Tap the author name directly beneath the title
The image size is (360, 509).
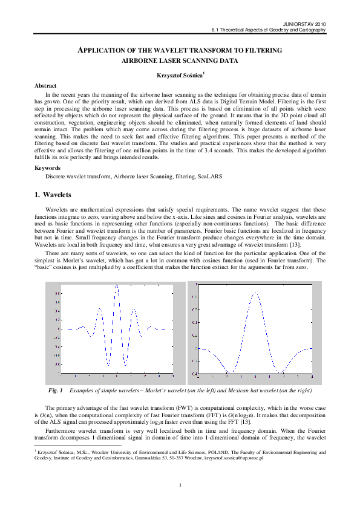click(x=179, y=74)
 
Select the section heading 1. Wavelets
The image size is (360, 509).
click(x=53, y=195)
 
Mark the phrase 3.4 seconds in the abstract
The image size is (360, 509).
click(x=240, y=149)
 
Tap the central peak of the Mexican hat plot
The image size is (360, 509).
click(x=255, y=293)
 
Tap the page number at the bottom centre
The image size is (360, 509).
click(x=180, y=485)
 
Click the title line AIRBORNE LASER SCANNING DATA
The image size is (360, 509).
click(x=180, y=61)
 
